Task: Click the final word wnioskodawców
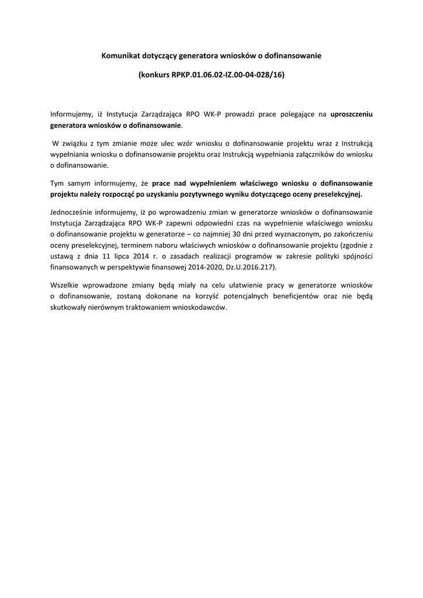coord(196,307)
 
